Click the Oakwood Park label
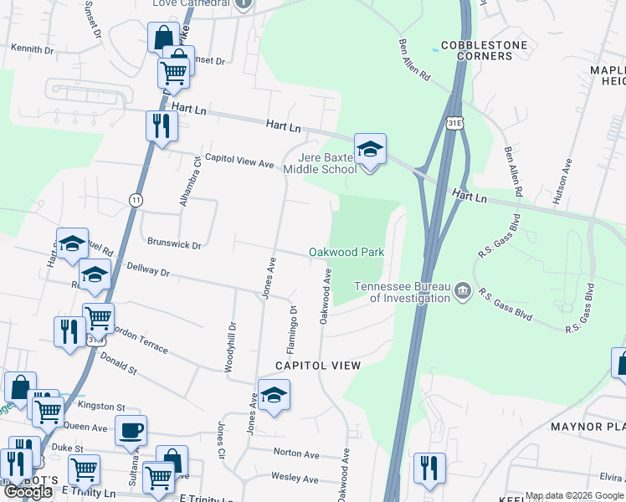(346, 252)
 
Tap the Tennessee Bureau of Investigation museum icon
(463, 292)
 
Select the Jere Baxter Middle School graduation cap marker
(370, 150)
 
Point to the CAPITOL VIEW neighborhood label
(319, 366)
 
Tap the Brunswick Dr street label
(174, 245)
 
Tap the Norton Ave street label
(296, 454)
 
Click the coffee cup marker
(131, 431)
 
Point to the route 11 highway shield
(136, 199)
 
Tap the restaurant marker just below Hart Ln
(159, 126)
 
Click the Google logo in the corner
(28, 492)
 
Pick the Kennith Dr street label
(33, 49)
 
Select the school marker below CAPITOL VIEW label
(273, 396)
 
